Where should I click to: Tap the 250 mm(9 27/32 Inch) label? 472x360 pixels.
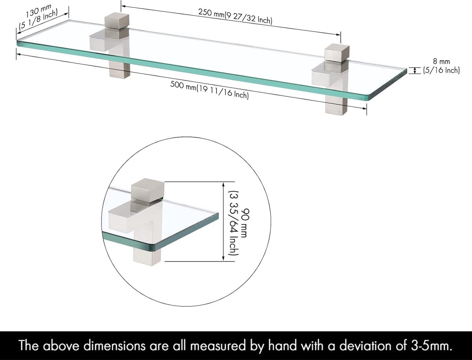pyautogui.click(x=235, y=16)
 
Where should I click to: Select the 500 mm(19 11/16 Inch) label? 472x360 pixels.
pyautogui.click(x=209, y=90)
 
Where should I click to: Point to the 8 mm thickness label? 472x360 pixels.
pyautogui.click(x=441, y=61)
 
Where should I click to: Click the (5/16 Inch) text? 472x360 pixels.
pyautogui.click(x=441, y=70)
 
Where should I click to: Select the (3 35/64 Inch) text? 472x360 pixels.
pyautogui.click(x=234, y=223)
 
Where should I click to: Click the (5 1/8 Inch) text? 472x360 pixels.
pyautogui.click(x=38, y=20)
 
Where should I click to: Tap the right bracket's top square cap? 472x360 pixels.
pyautogui.click(x=337, y=53)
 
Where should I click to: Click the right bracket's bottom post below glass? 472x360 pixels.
pyautogui.click(x=336, y=106)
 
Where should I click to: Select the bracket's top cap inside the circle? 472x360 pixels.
pyautogui.click(x=148, y=190)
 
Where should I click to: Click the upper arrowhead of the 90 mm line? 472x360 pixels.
pyautogui.click(x=223, y=185)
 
